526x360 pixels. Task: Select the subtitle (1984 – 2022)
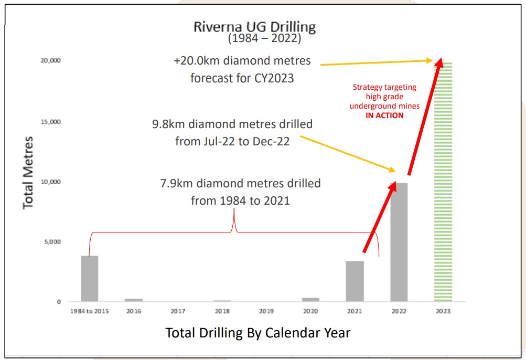(x=264, y=39)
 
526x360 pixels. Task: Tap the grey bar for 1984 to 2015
(x=90, y=279)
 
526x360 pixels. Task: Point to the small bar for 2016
(x=134, y=300)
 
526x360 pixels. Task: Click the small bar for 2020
(x=310, y=300)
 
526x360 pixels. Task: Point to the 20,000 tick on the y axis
(x=50, y=61)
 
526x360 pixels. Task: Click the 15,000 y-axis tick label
(x=50, y=122)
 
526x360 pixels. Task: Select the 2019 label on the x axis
(x=266, y=311)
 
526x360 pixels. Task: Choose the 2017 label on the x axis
(x=178, y=311)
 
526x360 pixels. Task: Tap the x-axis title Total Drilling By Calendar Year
(x=257, y=333)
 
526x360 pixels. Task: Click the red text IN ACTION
(x=385, y=115)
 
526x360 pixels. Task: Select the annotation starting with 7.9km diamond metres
(x=240, y=192)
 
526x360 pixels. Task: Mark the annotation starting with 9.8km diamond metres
(x=232, y=133)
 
